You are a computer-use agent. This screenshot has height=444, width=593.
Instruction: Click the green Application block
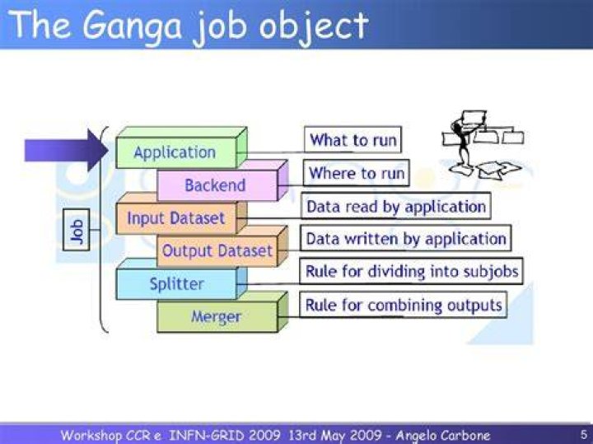181,148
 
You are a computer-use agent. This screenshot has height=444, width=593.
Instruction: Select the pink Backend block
222,180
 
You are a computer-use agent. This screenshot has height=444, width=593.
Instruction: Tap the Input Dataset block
181,213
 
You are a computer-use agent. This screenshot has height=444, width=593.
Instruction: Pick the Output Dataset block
222,246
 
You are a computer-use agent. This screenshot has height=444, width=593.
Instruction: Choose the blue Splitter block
181,279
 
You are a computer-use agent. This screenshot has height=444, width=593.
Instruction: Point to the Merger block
222,312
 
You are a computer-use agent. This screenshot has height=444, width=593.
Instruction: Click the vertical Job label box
76,230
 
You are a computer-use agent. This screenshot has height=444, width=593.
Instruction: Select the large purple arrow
66,150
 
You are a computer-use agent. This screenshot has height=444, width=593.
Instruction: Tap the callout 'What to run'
353,140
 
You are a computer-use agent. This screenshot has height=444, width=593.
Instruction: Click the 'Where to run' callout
357,173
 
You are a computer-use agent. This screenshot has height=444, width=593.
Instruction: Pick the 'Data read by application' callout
396,206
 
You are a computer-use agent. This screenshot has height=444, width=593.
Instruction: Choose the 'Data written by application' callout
406,239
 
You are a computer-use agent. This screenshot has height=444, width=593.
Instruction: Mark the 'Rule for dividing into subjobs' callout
412,271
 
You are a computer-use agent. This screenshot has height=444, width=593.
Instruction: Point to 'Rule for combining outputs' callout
403,305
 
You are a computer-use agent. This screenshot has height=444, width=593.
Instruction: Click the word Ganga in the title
132,26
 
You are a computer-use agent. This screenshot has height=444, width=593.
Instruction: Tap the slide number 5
584,435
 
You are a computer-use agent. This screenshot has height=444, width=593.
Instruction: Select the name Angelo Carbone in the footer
442,435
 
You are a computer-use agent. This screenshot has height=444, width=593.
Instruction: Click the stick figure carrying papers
483,144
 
